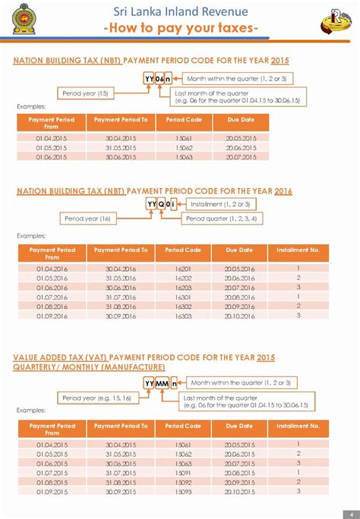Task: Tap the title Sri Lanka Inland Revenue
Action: (x=180, y=11)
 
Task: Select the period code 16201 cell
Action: (x=183, y=269)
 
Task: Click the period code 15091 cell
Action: (x=183, y=472)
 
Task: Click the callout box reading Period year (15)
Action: (x=86, y=93)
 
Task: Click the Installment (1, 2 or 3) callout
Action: (x=220, y=204)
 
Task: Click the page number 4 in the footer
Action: (x=350, y=513)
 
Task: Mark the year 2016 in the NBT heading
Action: (x=283, y=191)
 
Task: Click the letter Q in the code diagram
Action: (x=162, y=205)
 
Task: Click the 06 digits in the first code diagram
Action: (x=159, y=79)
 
